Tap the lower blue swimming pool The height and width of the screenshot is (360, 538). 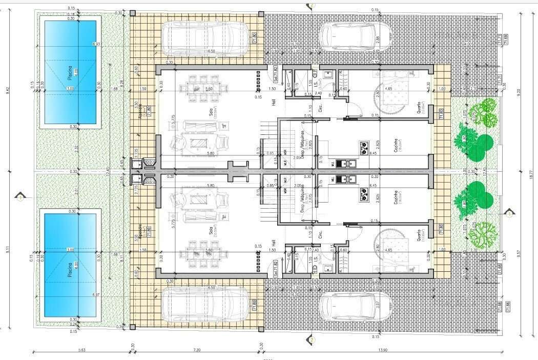[70, 266]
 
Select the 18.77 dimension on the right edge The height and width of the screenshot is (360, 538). [531, 174]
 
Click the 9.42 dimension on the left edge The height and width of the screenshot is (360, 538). [8, 90]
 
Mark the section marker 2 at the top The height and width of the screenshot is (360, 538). [311, 6]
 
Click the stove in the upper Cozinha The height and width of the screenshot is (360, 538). [364, 148]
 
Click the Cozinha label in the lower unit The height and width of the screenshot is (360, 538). [396, 197]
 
